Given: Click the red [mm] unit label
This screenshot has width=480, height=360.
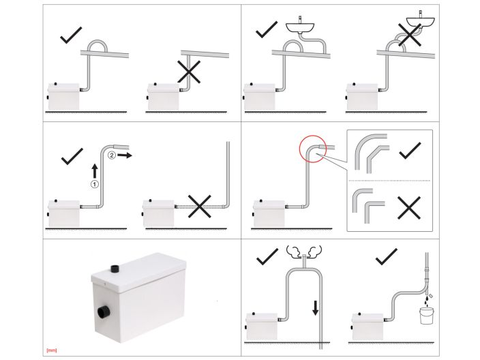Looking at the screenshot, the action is (x=52, y=350).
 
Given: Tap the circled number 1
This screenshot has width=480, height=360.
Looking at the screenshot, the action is (x=95, y=184).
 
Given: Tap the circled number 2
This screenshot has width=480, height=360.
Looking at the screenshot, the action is (x=112, y=155).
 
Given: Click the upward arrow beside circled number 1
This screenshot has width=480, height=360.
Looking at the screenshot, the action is (x=95, y=171).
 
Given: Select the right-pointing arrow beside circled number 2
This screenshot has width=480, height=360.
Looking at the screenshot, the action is (x=125, y=155).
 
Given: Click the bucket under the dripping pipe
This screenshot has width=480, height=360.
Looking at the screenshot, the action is (x=426, y=315).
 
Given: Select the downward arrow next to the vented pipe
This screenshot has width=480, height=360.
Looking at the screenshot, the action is (x=315, y=308).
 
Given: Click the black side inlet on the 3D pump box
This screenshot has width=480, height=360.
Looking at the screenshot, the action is (x=103, y=313).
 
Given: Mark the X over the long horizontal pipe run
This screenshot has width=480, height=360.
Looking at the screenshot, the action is (x=199, y=207).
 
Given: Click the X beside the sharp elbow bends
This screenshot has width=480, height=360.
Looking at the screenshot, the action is (x=409, y=208).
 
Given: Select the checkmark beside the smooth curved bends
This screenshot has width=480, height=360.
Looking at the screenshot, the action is (x=410, y=151).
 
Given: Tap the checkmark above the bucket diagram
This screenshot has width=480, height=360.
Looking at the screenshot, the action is (x=387, y=256).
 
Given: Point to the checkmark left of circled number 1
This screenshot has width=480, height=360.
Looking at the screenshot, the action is (x=72, y=156).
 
